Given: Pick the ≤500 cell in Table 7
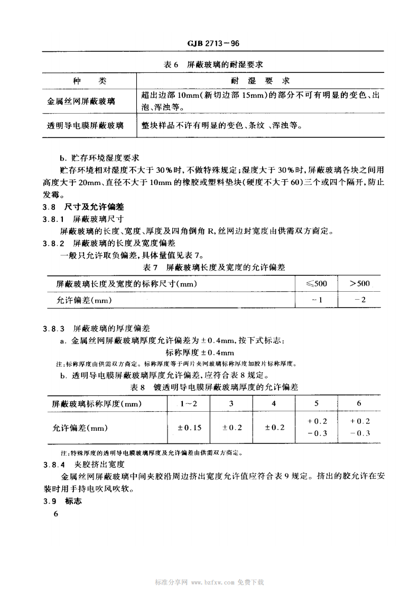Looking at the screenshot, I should pyautogui.click(x=316, y=284).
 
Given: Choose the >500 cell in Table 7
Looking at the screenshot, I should pyautogui.click(x=359, y=284).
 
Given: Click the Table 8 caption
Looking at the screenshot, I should pyautogui.click(x=214, y=387).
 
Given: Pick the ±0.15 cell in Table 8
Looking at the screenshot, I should pyautogui.click(x=188, y=427).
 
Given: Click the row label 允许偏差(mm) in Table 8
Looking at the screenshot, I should pyautogui.click(x=80, y=427).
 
